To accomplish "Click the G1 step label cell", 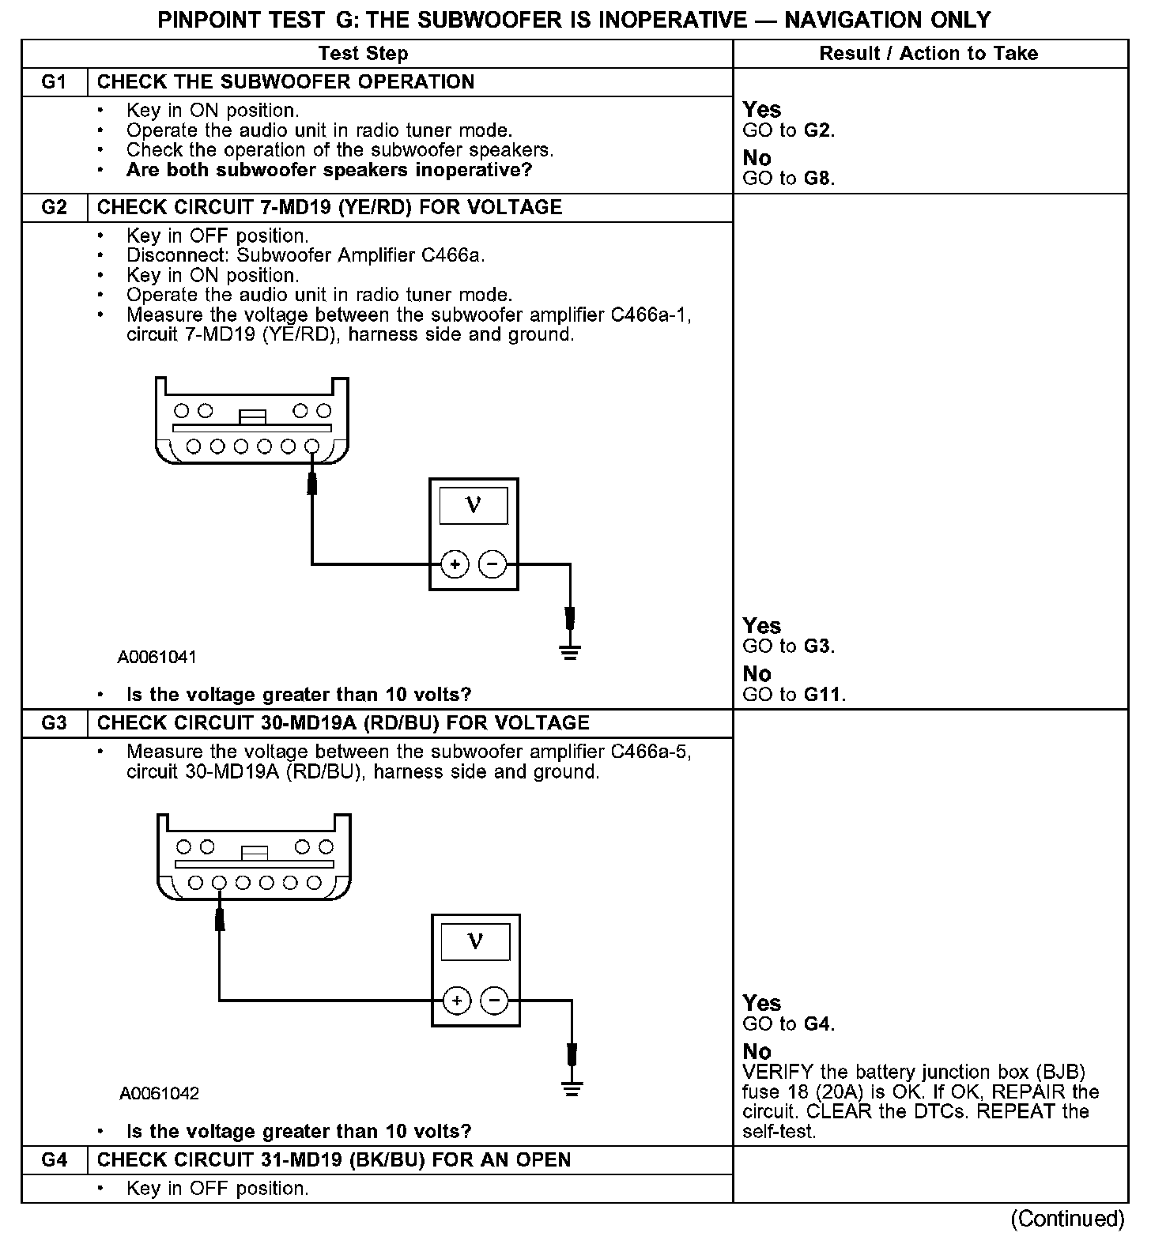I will pos(54,82).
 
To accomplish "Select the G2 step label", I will pos(54,208).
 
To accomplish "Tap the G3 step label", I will pos(54,723).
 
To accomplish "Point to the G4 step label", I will pos(54,1160).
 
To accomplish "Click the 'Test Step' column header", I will pos(364,54).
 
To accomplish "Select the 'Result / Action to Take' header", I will pos(929,54).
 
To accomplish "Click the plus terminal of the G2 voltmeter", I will pos(455,564).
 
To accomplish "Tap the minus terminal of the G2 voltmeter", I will pos(492,564).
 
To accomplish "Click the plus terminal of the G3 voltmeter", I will pos(456,1001).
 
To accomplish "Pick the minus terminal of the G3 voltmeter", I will pos(494,1001).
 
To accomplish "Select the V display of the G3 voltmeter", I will pos(475,942).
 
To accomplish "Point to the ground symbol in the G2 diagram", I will pos(570,651).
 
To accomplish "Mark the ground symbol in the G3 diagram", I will pos(572,1088).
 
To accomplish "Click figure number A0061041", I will pos(157,657).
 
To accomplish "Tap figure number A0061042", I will pos(159,1094).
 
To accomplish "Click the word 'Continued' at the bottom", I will pos(1067,1219).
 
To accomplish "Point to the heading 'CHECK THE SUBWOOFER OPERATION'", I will pos(285,82).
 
